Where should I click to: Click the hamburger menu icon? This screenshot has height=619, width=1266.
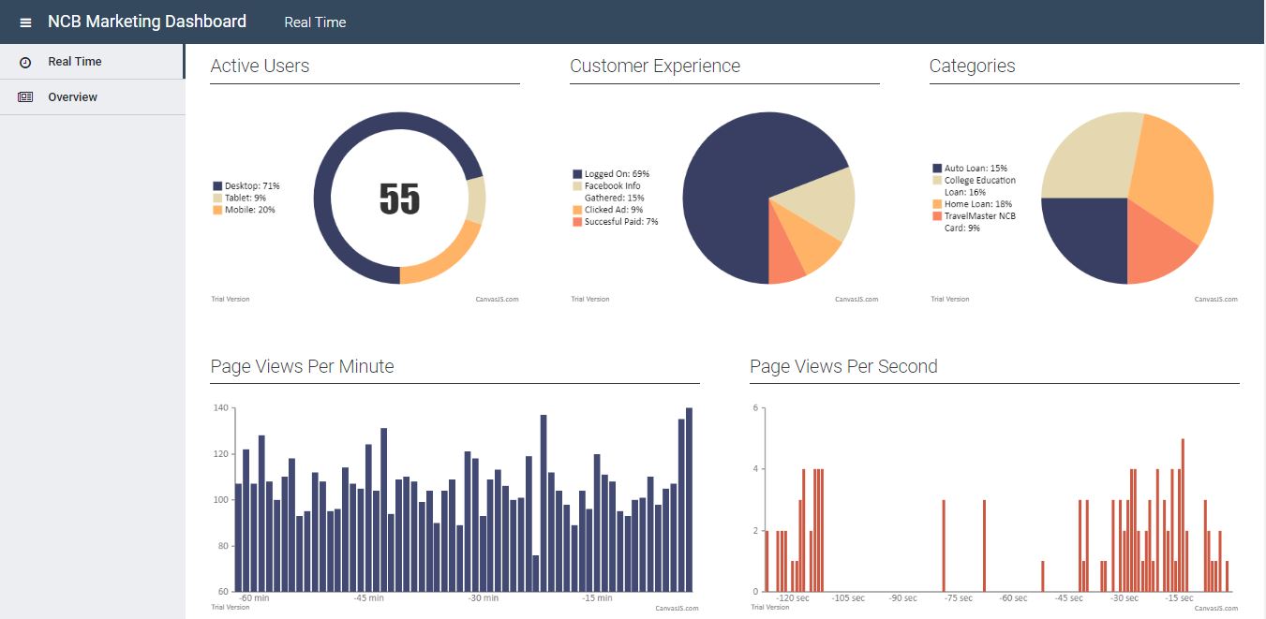pos(25,22)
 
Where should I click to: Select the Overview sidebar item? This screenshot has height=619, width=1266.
pos(72,97)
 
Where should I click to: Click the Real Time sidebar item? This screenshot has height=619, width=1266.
pos(74,62)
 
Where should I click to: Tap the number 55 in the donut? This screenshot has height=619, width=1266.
pos(399,199)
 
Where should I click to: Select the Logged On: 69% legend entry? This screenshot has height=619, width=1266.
pos(616,174)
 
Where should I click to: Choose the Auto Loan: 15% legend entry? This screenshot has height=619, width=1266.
pos(975,169)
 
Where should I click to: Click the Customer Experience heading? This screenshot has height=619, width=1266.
pos(654,66)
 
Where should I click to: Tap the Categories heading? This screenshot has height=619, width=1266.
pos(972,66)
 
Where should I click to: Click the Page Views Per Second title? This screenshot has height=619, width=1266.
pos(843,366)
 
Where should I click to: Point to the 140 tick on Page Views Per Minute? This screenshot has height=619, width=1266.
pos(221,408)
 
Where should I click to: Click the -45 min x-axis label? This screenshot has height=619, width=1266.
pos(368,598)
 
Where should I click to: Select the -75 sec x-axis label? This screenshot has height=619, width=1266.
pos(958,598)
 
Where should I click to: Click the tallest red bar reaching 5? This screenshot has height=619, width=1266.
pos(1184,515)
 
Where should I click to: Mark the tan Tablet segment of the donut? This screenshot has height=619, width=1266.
pos(476,200)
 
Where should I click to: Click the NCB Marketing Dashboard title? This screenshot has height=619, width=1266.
pos(147,22)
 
